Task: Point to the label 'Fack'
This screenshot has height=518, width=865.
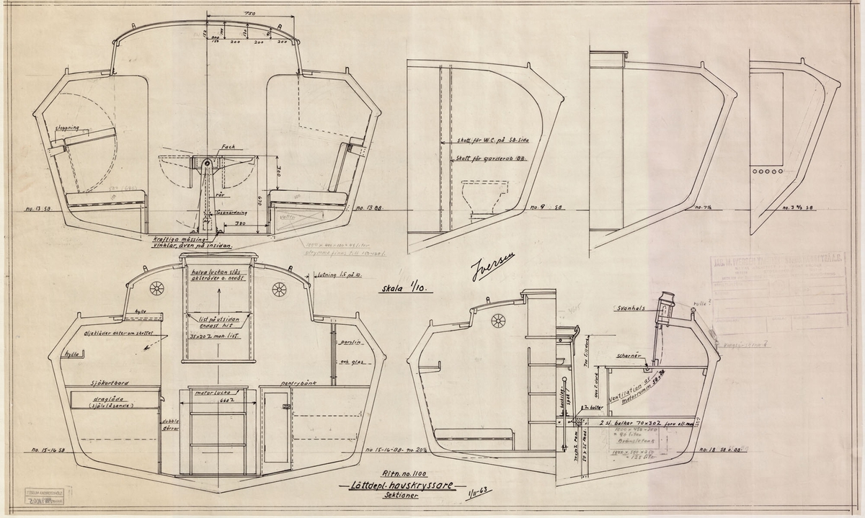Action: pos(209,146)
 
